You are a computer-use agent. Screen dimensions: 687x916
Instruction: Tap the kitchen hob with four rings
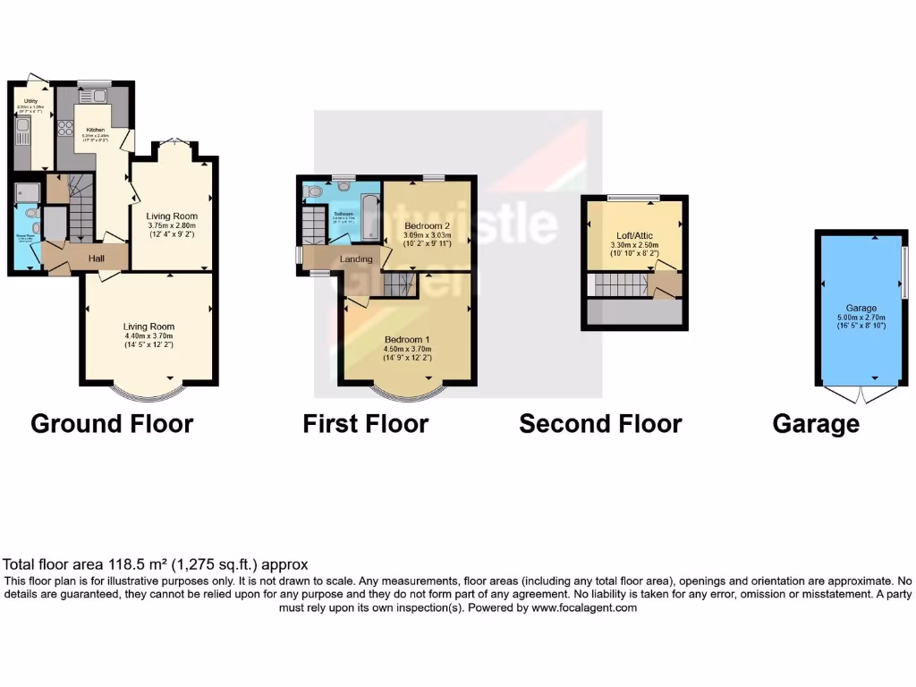pyautogui.click(x=65, y=128)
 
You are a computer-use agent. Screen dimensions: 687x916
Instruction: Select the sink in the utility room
pyautogui.click(x=22, y=134)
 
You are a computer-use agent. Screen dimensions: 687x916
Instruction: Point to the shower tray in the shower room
pyautogui.click(x=25, y=192)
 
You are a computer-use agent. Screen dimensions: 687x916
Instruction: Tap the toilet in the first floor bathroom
pyautogui.click(x=312, y=191)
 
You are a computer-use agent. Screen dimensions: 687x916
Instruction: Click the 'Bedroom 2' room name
pyautogui.click(x=426, y=225)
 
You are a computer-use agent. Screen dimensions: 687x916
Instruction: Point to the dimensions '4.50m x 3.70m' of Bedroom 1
pyautogui.click(x=408, y=350)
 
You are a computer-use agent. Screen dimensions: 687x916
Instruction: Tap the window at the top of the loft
pyautogui.click(x=634, y=197)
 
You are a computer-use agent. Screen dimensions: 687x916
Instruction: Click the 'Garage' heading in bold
pyautogui.click(x=816, y=423)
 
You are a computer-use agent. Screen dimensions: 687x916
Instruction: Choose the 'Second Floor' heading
pyautogui.click(x=600, y=423)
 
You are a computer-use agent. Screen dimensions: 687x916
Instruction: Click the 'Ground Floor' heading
pyautogui.click(x=112, y=423)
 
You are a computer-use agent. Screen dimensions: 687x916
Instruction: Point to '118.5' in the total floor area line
pyautogui.click(x=125, y=564)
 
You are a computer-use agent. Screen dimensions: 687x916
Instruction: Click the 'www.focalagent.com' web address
pyautogui.click(x=583, y=607)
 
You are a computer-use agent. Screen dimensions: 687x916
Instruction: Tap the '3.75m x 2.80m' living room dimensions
pyautogui.click(x=172, y=225)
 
